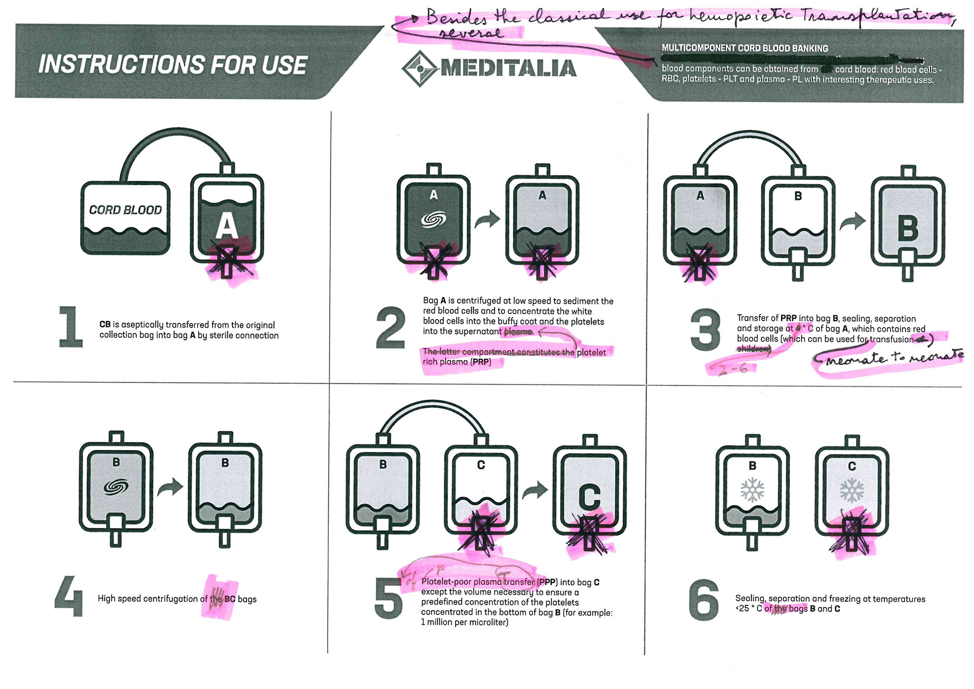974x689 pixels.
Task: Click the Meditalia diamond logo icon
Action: pyautogui.click(x=419, y=68)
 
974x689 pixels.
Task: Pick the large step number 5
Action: pyautogui.click(x=389, y=599)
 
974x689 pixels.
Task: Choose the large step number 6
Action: pyautogui.click(x=704, y=600)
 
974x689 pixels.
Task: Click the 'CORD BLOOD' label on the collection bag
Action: pyautogui.click(x=125, y=210)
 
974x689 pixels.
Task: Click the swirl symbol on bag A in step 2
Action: pyautogui.click(x=434, y=219)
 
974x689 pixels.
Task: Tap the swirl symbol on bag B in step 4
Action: pyautogui.click(x=116, y=487)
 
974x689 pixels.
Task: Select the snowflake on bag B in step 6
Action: pyautogui.click(x=752, y=490)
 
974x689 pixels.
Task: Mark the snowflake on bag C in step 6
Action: pyautogui.click(x=852, y=490)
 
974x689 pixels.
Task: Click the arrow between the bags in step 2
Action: pyautogui.click(x=488, y=219)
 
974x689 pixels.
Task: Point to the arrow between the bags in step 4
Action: pyautogui.click(x=170, y=487)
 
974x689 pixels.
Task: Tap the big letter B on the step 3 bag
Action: pyautogui.click(x=908, y=229)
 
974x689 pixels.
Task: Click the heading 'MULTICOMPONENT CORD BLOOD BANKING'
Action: pyautogui.click(x=745, y=48)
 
